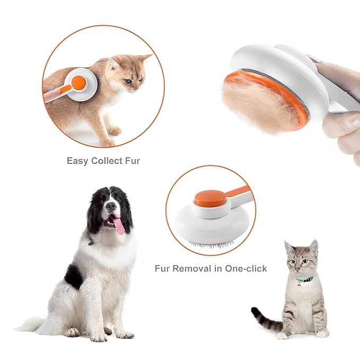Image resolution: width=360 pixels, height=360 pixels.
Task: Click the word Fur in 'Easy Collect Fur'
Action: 130,160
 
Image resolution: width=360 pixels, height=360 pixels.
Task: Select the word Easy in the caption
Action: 77,160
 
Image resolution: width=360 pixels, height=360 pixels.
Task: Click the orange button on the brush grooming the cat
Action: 78,83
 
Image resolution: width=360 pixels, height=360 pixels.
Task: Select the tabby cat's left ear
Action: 289,247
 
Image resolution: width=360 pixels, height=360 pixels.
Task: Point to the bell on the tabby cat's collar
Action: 300,284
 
